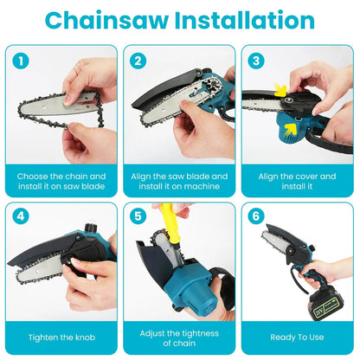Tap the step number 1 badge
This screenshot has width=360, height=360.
[x=22, y=61]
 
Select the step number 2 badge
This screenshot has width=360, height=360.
[x=138, y=61]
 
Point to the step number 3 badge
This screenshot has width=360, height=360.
[x=255, y=61]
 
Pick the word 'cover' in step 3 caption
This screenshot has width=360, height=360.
[x=309, y=176]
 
